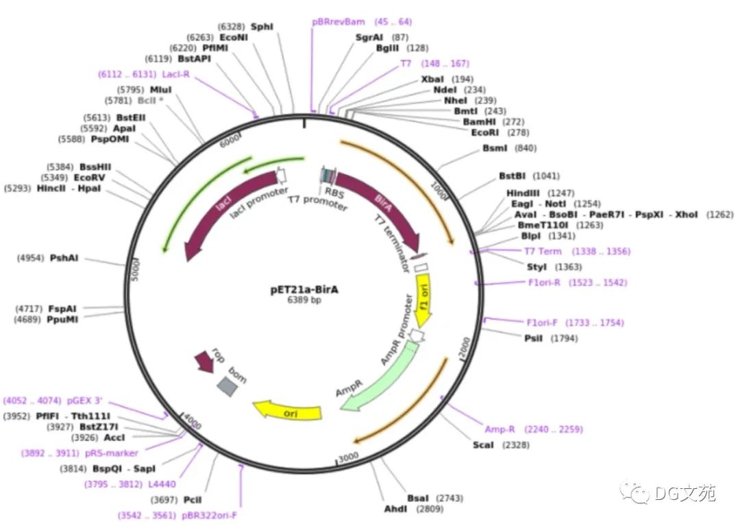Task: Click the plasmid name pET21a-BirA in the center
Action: click(x=304, y=289)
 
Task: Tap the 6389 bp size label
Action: click(x=304, y=300)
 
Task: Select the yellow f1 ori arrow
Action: click(x=424, y=300)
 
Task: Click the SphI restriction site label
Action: click(x=262, y=26)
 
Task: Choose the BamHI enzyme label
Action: click(x=482, y=121)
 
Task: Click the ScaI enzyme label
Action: click(x=483, y=445)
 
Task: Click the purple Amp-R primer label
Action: click(x=500, y=429)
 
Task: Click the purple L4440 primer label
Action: click(x=162, y=484)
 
